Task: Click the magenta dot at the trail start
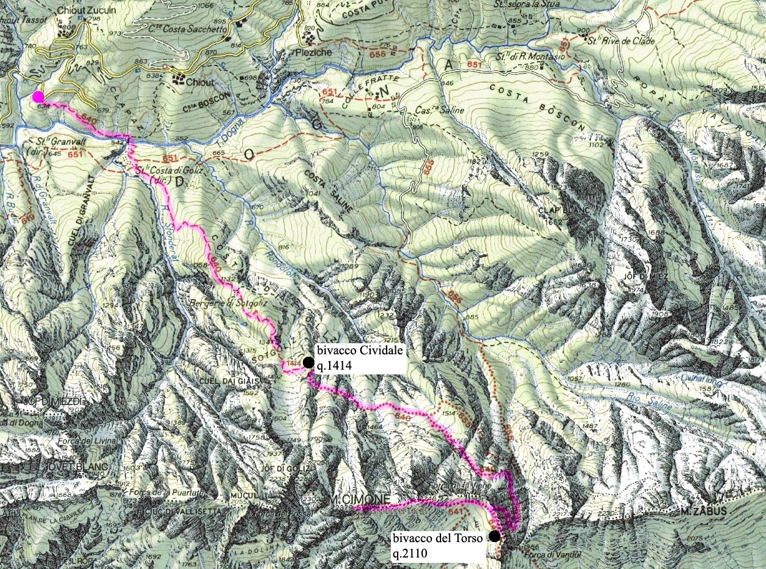pos(39,97)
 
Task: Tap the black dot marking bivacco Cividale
pos(308,362)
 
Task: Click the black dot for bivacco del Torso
pos(494,537)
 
